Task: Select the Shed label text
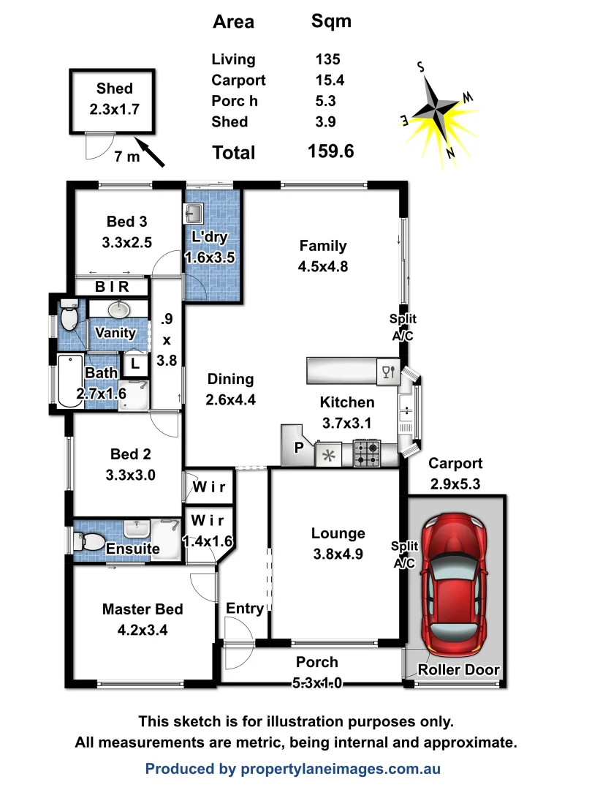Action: click(x=115, y=89)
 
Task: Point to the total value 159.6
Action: click(x=331, y=151)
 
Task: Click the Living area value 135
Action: click(x=328, y=60)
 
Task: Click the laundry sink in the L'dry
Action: click(x=194, y=214)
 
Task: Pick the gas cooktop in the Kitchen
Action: click(x=367, y=453)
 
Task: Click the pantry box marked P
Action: click(x=298, y=448)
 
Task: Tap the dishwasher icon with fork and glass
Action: click(x=387, y=372)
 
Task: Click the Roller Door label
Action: click(x=458, y=670)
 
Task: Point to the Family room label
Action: click(x=322, y=246)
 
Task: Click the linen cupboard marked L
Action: click(x=135, y=364)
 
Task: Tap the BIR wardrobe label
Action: click(x=112, y=287)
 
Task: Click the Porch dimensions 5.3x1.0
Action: click(x=316, y=682)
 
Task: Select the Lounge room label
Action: click(x=337, y=533)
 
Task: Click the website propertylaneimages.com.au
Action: click(x=338, y=769)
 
